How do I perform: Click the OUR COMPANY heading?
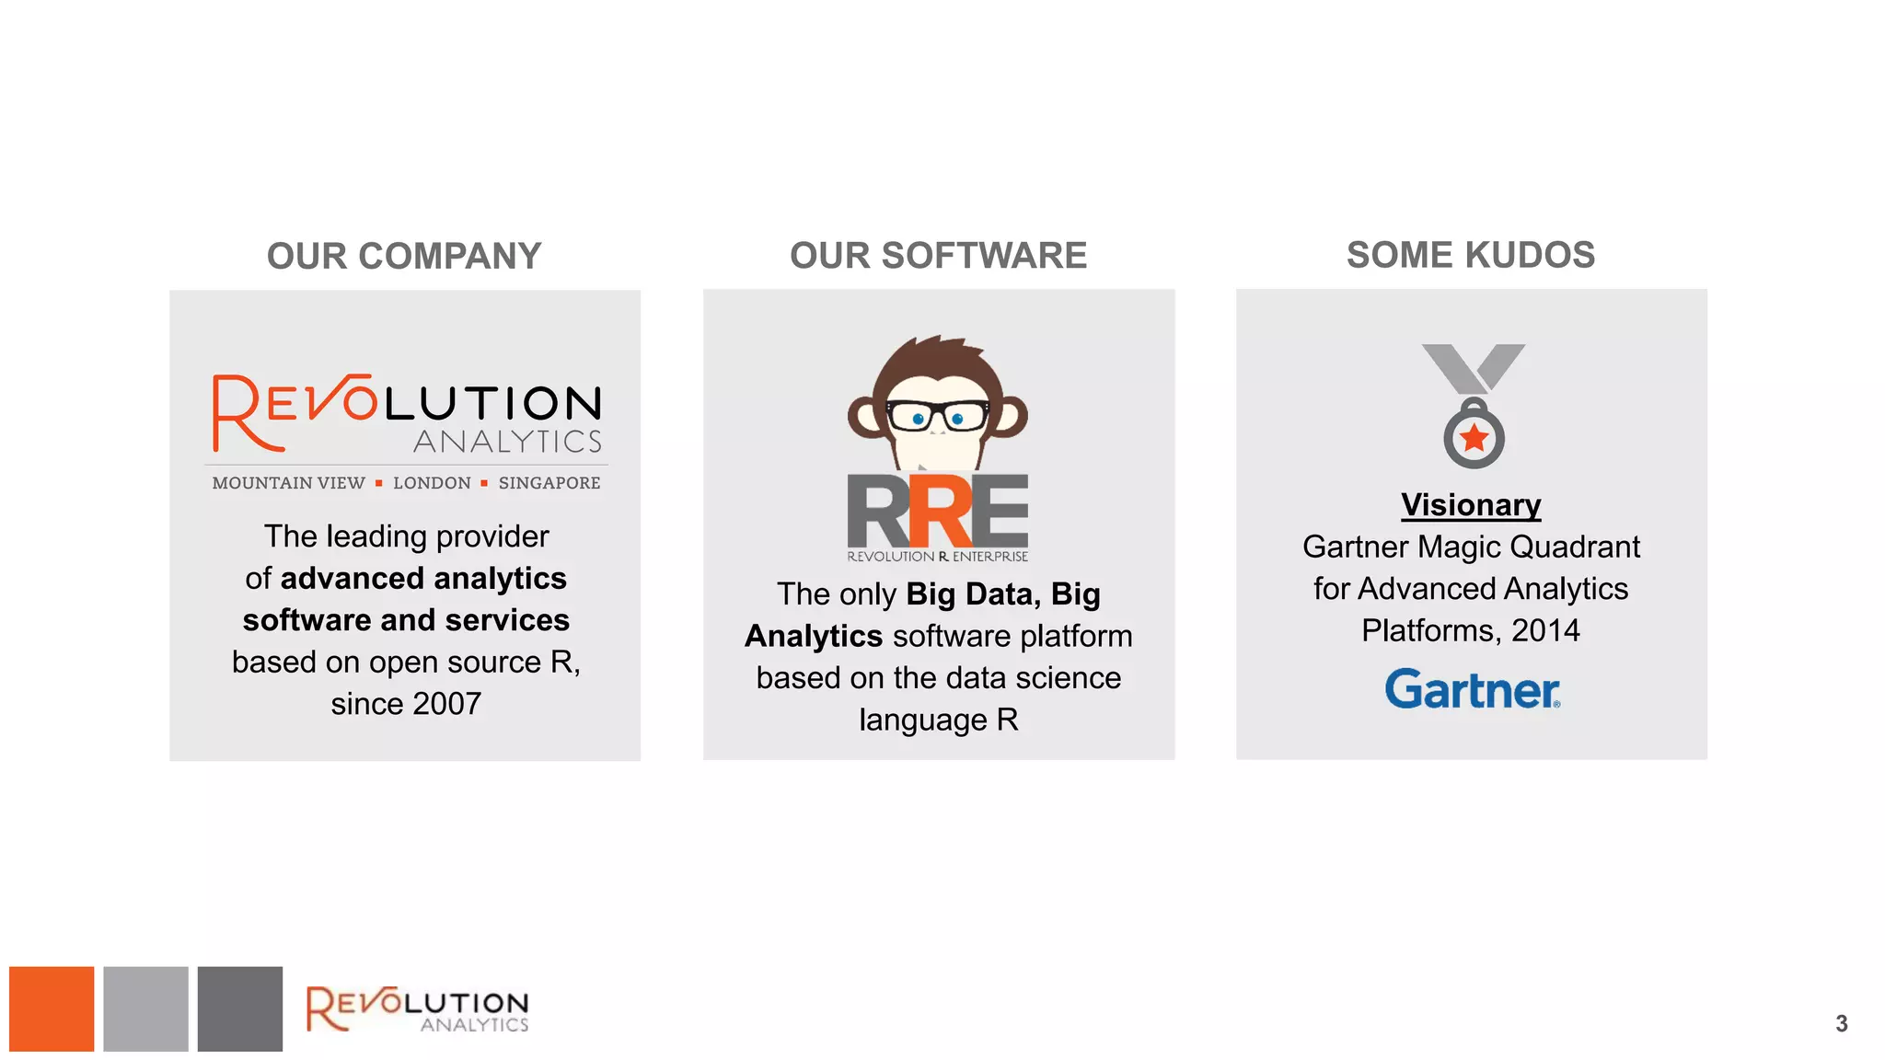point(404,256)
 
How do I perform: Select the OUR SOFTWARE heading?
point(938,255)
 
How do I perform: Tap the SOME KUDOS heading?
point(1470,255)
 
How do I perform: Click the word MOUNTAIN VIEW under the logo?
point(288,483)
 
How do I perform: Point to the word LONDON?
point(432,483)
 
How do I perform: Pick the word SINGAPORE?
point(549,483)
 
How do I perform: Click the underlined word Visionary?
point(1471,505)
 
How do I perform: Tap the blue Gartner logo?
point(1472,689)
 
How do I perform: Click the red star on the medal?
point(1474,438)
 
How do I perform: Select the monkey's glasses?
point(937,416)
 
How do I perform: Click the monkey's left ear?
point(864,417)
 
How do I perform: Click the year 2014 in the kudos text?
point(1545,630)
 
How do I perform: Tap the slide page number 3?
point(1841,1023)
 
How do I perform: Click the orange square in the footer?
point(52,1008)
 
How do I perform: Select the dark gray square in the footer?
point(239,1008)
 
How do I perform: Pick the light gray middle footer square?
point(145,1008)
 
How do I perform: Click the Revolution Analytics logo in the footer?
point(418,1009)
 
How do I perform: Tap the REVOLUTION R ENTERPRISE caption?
point(937,557)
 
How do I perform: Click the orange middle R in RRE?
point(940,512)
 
